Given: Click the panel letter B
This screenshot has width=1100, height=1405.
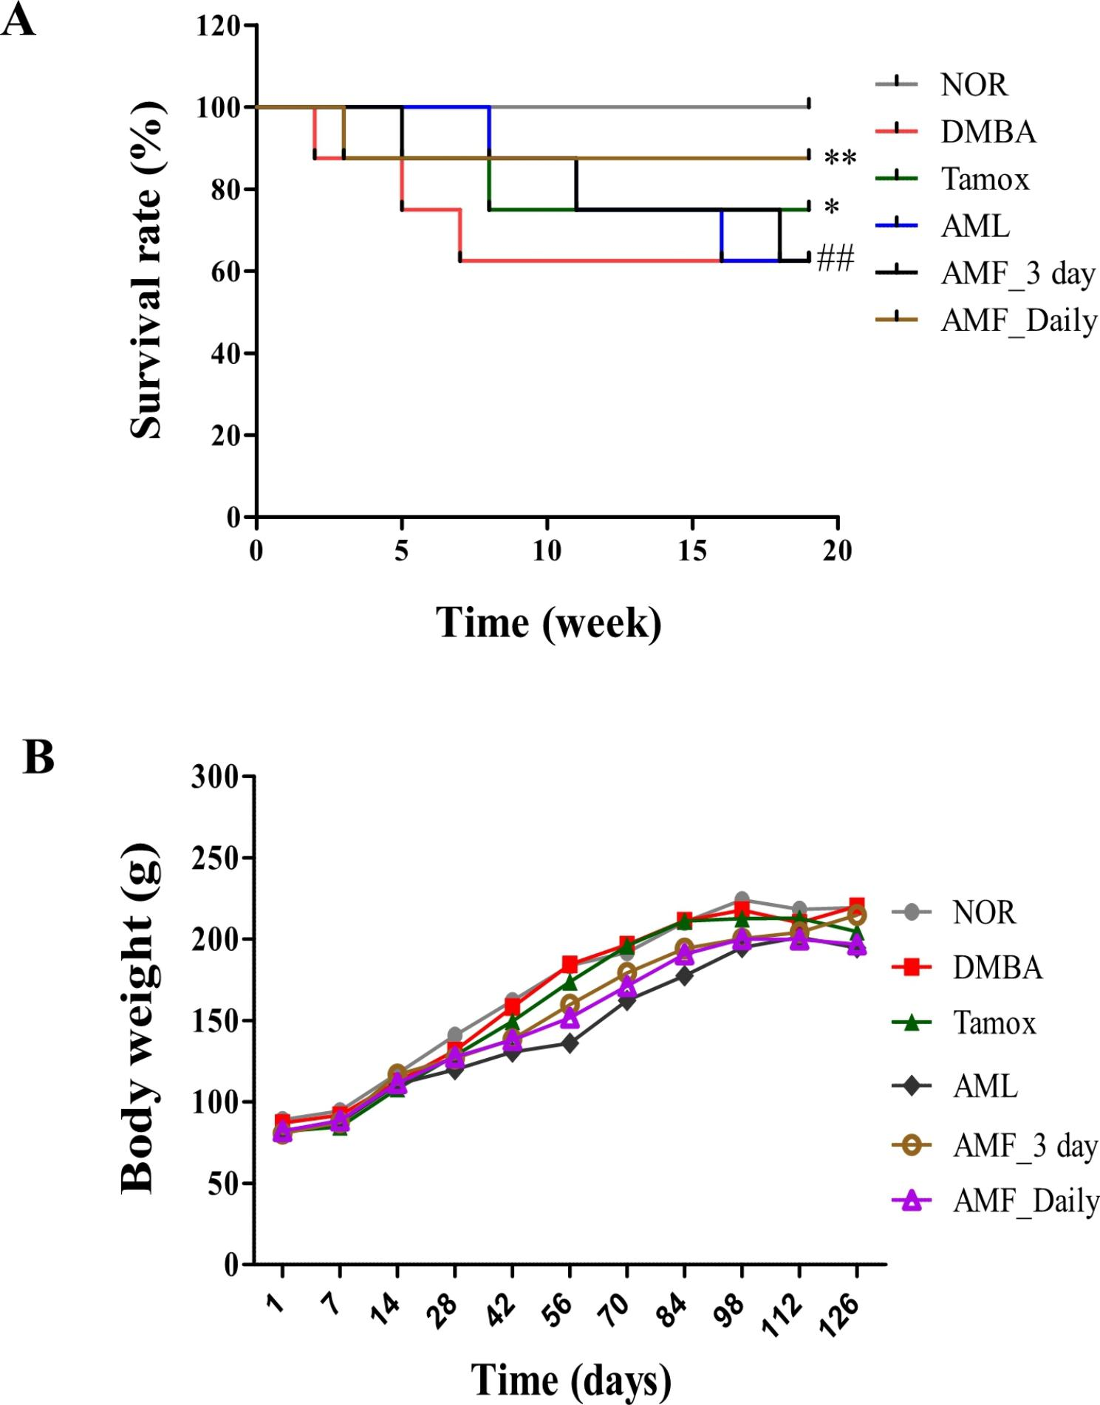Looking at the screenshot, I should point(38,758).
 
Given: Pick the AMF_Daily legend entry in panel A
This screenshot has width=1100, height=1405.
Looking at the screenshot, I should point(1018,320).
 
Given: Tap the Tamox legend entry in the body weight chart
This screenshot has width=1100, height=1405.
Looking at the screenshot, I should point(994,1023).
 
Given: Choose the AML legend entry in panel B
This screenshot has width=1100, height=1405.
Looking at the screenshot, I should point(985,1086).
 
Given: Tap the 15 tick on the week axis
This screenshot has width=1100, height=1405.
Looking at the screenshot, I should point(691,552).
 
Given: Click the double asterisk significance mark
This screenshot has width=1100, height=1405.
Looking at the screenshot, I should point(840,158).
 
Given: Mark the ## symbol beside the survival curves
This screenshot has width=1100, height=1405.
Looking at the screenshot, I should point(836,260).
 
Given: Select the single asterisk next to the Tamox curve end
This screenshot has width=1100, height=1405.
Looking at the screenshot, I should point(832,207).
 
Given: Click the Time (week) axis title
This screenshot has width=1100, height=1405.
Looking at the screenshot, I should point(548,622).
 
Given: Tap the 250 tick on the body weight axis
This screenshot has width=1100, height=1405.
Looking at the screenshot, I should point(215,858).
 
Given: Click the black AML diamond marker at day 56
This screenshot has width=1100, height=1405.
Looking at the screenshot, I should point(570,1043).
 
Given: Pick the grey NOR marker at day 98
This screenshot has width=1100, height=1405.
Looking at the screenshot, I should point(741,900).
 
